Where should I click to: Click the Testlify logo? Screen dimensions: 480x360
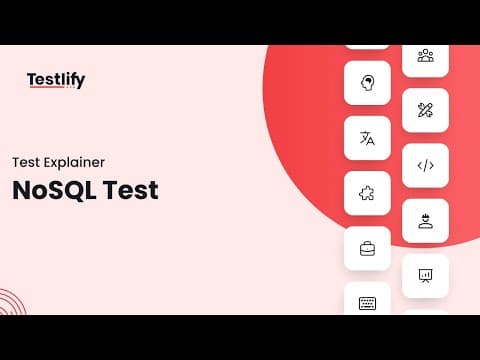56,80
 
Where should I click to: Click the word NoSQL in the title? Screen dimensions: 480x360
55,191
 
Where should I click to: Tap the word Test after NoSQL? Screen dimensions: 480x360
131,190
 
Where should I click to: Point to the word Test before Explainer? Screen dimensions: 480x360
26,162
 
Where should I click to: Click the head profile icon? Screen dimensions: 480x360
367,83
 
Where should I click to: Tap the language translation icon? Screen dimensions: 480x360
367,138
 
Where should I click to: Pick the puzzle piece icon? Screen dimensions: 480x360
367,193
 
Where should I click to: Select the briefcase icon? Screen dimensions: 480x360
367,249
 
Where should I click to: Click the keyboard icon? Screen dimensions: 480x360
367,303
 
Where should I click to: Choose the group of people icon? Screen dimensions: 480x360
426,55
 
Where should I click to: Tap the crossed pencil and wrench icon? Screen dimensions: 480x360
425,110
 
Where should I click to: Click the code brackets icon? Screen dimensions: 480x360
426,165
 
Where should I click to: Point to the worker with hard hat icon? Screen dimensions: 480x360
425,221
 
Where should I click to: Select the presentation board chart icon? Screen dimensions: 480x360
425,276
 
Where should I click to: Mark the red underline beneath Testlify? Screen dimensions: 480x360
47,87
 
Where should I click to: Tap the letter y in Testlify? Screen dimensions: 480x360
80,82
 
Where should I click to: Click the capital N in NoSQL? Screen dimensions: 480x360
22,190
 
